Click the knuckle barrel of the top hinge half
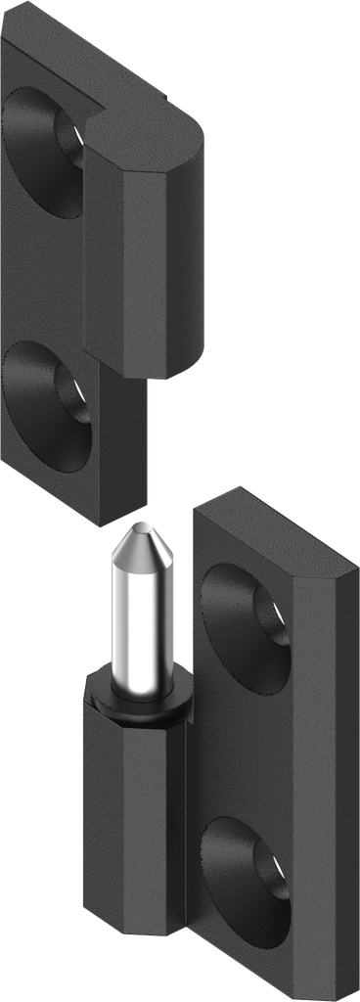pyautogui.click(x=147, y=254)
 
